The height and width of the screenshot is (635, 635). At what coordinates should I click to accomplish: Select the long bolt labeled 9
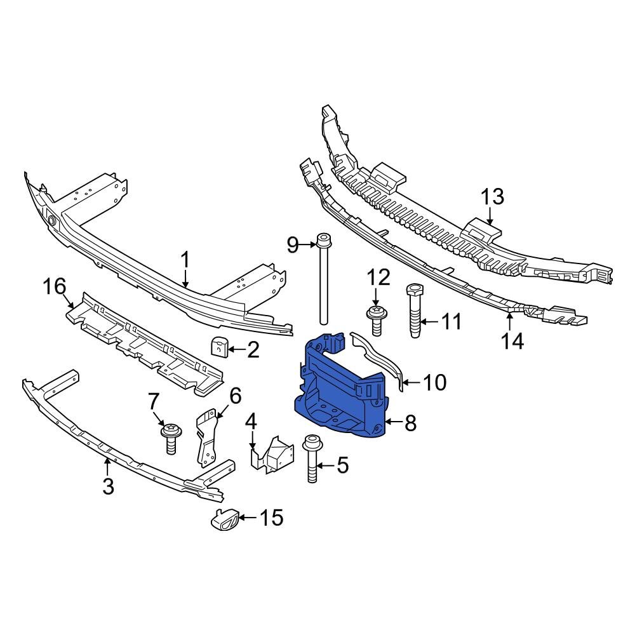(x=324, y=279)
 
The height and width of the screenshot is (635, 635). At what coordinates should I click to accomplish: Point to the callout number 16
(x=55, y=286)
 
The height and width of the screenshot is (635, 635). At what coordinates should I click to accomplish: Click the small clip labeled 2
(x=218, y=347)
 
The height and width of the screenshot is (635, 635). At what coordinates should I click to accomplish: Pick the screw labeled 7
(x=170, y=438)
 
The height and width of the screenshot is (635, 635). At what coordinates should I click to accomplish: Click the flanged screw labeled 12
(x=375, y=318)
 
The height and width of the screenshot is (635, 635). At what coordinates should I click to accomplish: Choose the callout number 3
(x=108, y=487)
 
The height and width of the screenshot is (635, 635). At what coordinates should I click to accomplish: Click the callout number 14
(x=512, y=342)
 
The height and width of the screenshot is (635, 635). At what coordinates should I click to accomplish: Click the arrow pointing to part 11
(x=429, y=322)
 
